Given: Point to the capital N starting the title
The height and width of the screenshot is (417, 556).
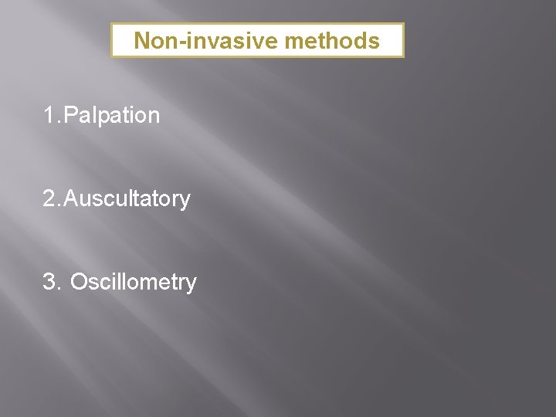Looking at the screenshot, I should click(141, 41).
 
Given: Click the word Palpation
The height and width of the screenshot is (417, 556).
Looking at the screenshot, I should click(112, 116).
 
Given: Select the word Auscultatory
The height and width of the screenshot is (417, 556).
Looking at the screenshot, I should click(127, 199).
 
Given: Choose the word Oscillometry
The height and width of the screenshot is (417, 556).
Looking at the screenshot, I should click(133, 283).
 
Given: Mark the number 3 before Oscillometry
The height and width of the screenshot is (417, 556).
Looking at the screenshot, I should click(50, 283).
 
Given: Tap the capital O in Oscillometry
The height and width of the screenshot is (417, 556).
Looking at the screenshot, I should click(78, 283).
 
